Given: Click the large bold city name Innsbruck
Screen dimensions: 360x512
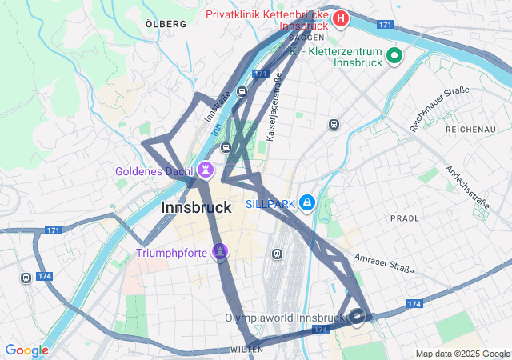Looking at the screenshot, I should (196, 207).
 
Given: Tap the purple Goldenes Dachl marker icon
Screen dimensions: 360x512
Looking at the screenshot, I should (206, 170).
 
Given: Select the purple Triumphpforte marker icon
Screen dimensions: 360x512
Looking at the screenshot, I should (221, 253).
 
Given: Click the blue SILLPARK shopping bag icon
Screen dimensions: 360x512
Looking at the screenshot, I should (307, 203).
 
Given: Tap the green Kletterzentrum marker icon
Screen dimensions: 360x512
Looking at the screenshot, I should (394, 56).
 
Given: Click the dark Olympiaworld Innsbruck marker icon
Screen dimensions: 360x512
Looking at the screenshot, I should (358, 317).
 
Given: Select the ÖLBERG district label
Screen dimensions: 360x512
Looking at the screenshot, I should (166, 24).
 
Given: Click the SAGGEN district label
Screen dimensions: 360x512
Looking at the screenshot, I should (306, 38).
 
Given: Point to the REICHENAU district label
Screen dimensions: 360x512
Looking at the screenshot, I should (471, 129).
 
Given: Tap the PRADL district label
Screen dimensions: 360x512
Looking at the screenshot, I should (404, 218).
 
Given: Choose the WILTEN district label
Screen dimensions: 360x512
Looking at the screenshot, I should (246, 350).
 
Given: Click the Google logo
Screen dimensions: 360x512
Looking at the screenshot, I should (26, 350).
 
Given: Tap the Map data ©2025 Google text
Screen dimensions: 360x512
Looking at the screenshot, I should (462, 354).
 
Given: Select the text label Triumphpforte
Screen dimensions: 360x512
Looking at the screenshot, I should (171, 254).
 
